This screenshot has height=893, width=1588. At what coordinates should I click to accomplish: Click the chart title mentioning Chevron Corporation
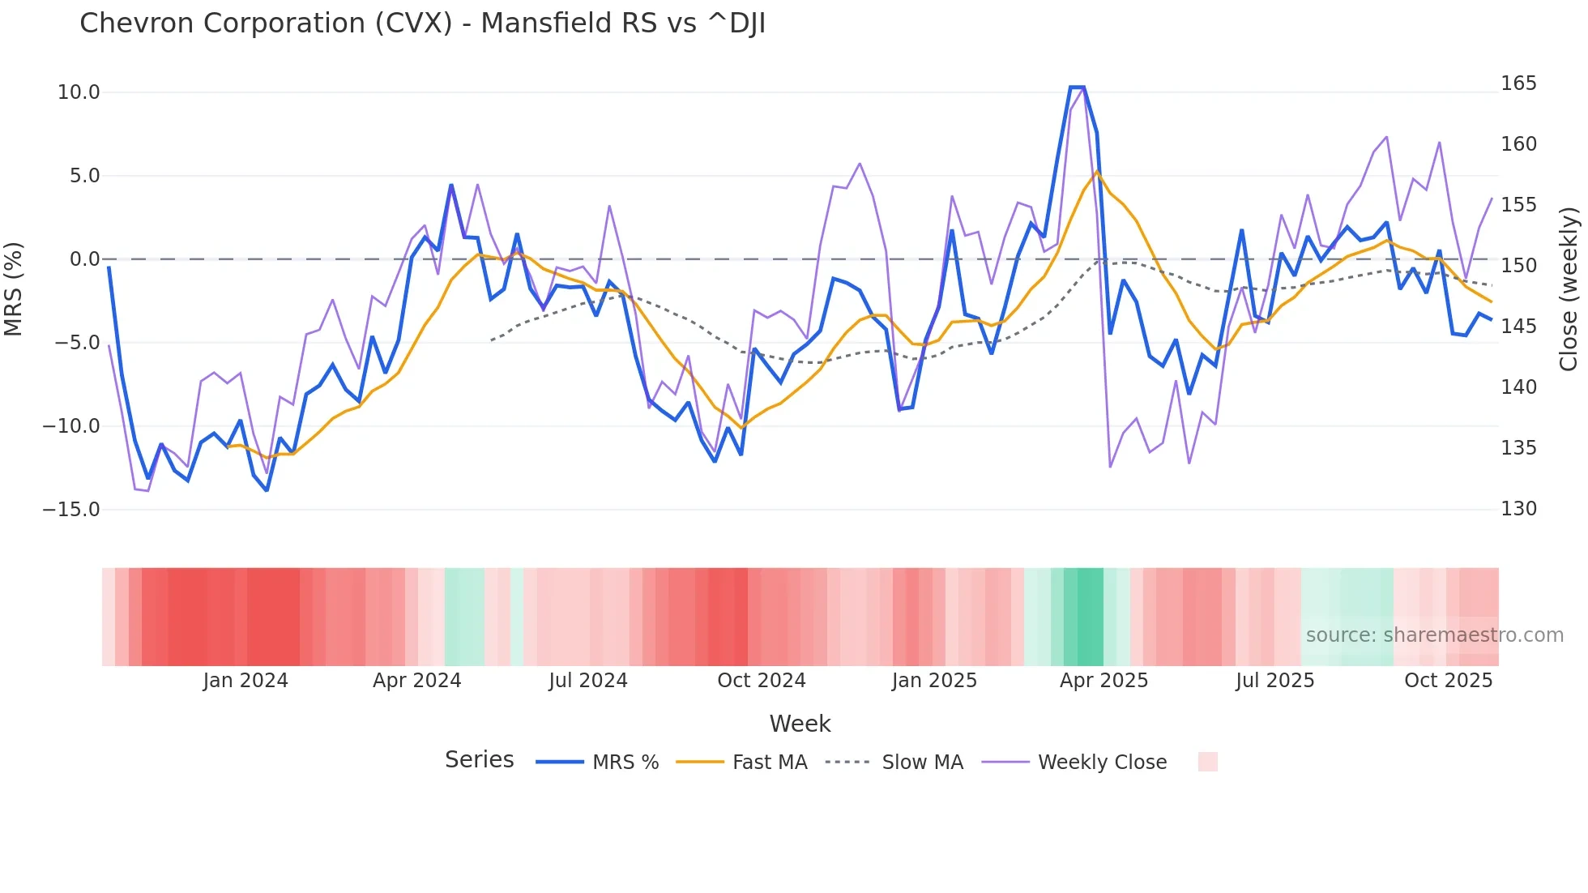point(422,23)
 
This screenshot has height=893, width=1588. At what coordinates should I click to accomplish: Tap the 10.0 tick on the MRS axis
point(79,92)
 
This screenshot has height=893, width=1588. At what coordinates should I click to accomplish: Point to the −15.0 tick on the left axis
point(71,510)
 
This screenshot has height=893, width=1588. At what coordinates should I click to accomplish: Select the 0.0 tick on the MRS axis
point(84,259)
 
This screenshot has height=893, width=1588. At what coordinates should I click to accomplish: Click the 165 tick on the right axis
point(1518,83)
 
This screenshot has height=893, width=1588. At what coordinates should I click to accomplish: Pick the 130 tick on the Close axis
point(1518,509)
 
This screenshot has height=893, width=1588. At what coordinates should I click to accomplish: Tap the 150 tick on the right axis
point(1518,266)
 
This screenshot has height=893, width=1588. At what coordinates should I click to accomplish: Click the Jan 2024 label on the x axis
point(245,681)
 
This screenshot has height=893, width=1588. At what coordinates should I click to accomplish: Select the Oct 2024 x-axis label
point(762,681)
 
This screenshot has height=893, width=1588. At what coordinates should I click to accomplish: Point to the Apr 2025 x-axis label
point(1103,681)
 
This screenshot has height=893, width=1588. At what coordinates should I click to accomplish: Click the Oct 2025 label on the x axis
point(1448,681)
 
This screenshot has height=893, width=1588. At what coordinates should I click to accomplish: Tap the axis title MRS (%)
point(14,288)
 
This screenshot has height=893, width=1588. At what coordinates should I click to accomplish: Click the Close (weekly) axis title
point(1569,288)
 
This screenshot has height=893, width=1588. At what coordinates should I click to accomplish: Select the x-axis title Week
point(800,724)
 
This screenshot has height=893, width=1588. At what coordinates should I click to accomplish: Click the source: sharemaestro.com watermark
point(1434,635)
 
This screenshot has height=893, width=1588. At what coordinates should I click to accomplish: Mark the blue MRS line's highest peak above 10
point(1077,87)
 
